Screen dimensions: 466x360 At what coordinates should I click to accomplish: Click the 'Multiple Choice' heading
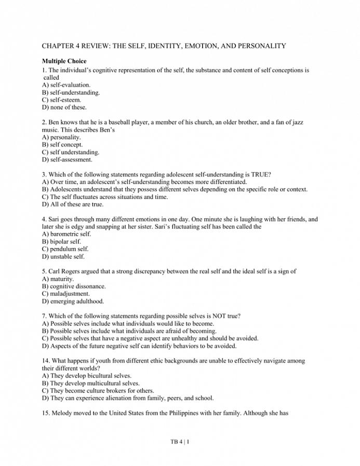64,61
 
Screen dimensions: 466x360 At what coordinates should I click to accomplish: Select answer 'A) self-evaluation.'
66,85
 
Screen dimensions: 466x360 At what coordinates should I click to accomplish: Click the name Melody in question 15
63,414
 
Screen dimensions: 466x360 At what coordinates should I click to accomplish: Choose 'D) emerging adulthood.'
73,301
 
